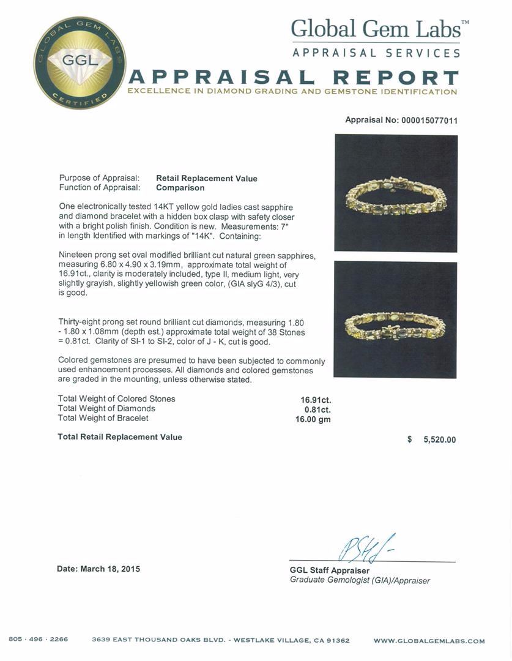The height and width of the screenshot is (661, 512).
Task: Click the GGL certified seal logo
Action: click(80, 63)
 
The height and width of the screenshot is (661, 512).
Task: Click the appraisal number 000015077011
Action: click(429, 121)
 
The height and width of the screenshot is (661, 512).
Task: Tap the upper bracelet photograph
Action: click(396, 193)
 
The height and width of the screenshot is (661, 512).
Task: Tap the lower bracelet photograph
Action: click(395, 319)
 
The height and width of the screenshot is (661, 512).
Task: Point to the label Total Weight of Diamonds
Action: click(106, 408)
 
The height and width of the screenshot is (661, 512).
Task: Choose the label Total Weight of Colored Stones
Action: click(116, 398)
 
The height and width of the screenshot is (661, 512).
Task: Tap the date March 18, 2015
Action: click(98, 569)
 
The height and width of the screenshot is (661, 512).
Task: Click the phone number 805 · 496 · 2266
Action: click(38, 640)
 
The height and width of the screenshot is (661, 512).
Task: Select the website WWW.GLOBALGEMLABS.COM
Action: click(429, 641)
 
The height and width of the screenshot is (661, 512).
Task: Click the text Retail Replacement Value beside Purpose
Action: click(207, 178)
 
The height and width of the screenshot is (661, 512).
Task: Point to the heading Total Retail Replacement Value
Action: click(120, 437)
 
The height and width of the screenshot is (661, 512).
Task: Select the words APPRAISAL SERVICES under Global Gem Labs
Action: click(376, 53)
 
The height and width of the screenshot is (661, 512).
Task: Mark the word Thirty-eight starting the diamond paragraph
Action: click(82, 322)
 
